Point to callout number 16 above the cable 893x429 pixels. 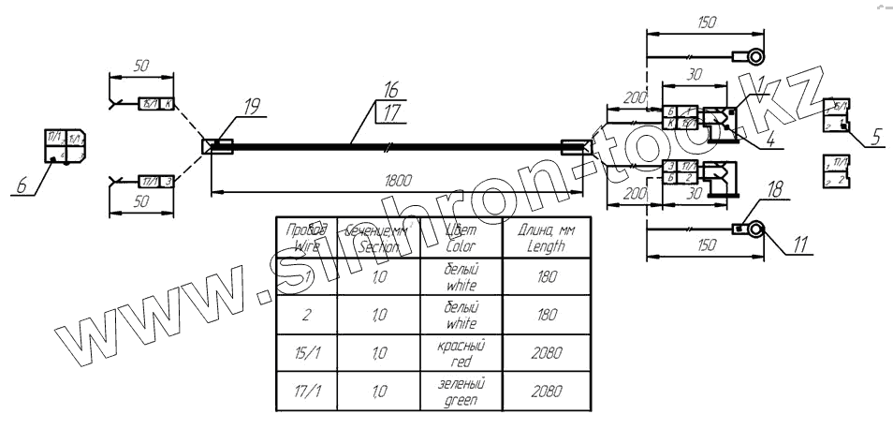(x=391, y=91)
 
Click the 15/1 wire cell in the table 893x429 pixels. (x=308, y=351)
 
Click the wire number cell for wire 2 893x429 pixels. (x=308, y=314)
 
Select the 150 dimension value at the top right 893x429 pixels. (x=708, y=22)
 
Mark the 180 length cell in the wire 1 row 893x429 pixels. (x=543, y=276)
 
